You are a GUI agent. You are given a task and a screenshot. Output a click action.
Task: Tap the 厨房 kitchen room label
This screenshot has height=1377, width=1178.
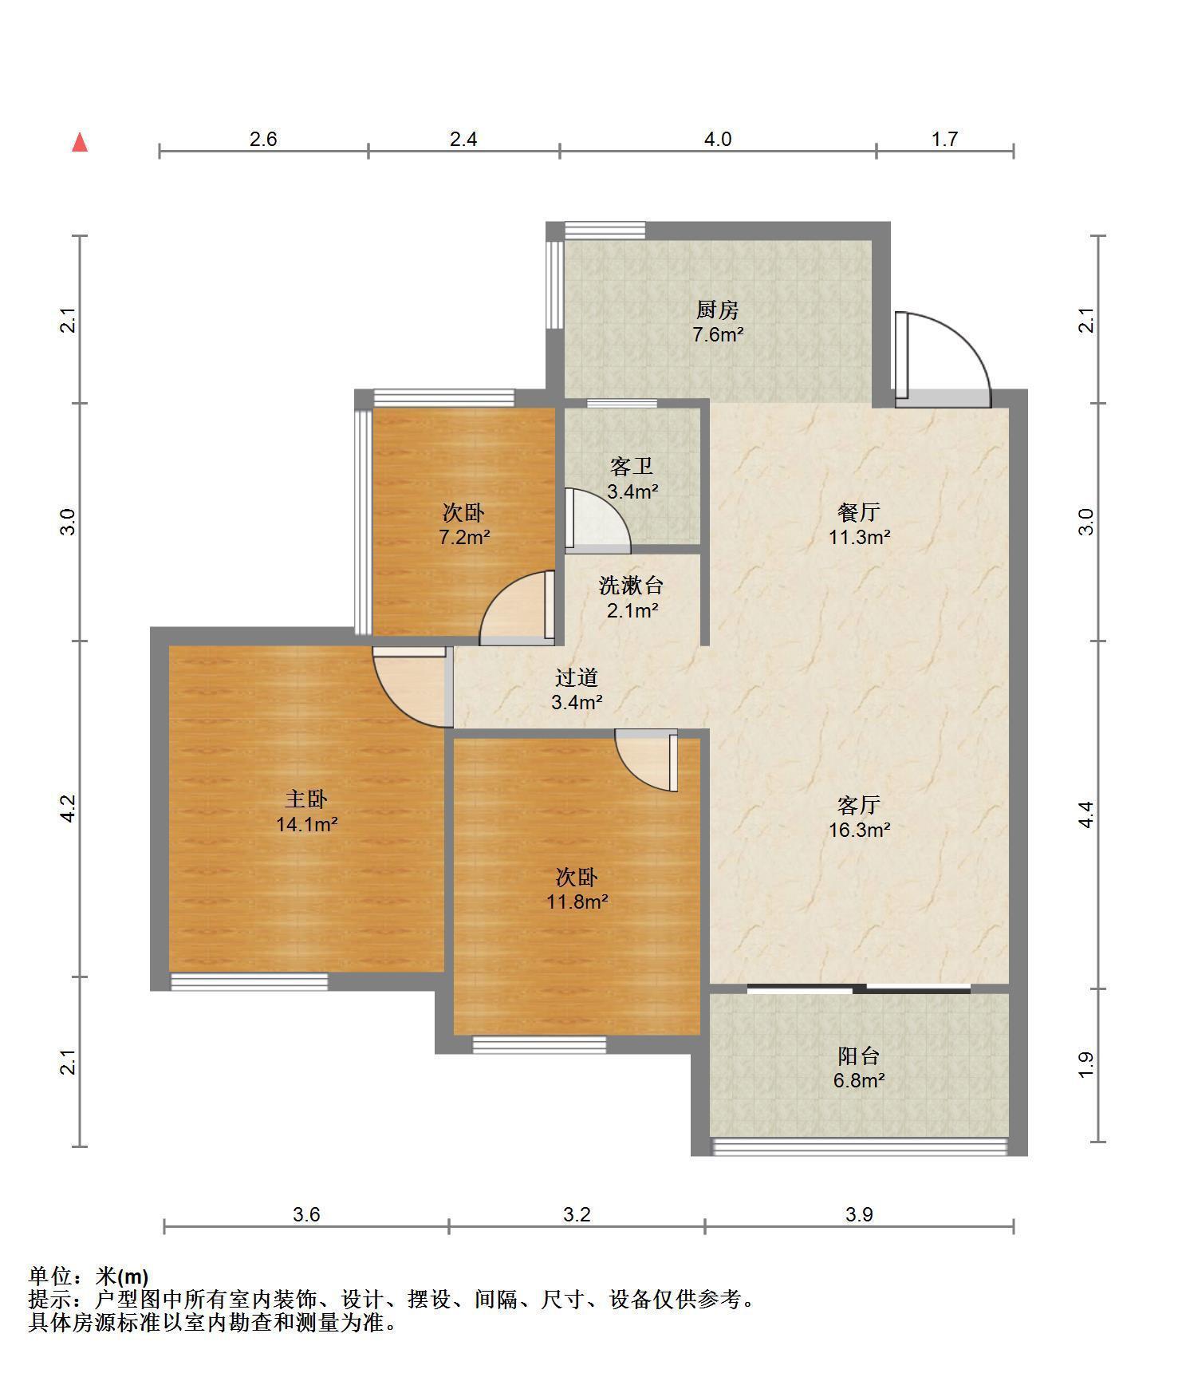click(718, 310)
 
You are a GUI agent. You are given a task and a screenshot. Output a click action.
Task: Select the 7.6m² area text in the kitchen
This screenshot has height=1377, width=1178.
click(718, 334)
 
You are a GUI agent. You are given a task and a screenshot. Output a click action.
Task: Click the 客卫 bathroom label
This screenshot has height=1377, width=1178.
click(632, 466)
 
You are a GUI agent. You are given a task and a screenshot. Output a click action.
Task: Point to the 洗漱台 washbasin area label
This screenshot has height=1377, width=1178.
click(632, 586)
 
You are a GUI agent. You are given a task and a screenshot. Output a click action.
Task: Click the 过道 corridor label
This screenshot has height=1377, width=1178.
click(577, 677)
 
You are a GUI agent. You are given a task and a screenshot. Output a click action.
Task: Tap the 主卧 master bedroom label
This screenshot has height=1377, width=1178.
click(307, 799)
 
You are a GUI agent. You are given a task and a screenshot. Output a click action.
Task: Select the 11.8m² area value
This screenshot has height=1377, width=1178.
click(577, 902)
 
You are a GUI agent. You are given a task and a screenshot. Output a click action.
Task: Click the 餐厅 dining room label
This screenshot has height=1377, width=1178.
click(859, 511)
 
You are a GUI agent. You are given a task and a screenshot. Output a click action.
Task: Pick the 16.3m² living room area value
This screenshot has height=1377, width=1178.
click(859, 830)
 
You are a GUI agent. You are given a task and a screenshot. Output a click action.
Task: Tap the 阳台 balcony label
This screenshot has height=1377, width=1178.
click(859, 1056)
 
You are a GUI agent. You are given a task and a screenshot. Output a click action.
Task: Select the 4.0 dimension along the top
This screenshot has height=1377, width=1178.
click(717, 140)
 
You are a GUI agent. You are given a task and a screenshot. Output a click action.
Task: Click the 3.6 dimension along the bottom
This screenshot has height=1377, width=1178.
click(306, 1214)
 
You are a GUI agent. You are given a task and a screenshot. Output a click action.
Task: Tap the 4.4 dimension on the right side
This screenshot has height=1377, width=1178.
click(1086, 814)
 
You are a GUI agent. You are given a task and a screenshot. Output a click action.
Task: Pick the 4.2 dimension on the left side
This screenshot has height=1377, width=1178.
click(69, 808)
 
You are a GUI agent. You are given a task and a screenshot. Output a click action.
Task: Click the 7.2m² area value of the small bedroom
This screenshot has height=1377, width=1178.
click(464, 537)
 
